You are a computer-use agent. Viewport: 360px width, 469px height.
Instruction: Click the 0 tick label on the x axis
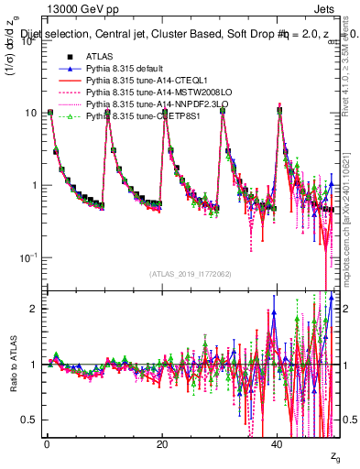click(x=47, y=442)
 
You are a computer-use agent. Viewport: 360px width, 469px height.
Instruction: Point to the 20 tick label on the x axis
click(x=161, y=442)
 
